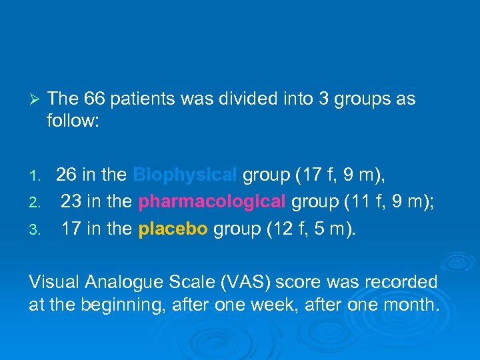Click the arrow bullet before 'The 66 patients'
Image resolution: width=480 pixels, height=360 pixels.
click(x=37, y=100)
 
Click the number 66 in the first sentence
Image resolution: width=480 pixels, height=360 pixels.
click(x=97, y=99)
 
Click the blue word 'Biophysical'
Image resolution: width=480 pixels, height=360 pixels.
click(x=185, y=175)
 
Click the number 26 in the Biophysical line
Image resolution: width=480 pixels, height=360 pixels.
click(x=66, y=175)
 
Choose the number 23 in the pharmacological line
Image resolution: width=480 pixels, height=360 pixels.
click(x=71, y=202)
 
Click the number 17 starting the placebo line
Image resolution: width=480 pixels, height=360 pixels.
click(x=71, y=230)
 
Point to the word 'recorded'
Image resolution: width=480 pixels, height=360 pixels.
click(x=403, y=282)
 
